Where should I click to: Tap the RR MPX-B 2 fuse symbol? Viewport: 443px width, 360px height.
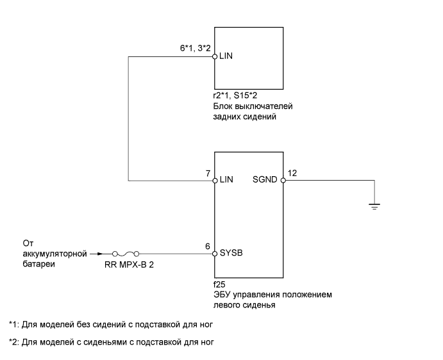[123, 253]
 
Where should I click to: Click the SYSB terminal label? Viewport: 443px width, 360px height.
[230, 253]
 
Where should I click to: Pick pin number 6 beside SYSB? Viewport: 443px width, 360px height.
[206, 245]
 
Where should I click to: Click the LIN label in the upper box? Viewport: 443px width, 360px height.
[226, 56]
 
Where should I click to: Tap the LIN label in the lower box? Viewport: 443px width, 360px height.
[226, 180]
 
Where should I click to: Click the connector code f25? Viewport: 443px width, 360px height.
[219, 285]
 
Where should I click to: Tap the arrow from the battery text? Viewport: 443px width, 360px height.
[95, 253]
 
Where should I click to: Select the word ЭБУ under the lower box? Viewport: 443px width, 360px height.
[222, 295]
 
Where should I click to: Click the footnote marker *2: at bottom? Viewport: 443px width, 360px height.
[15, 341]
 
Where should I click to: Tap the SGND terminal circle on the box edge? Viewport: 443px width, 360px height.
[283, 180]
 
